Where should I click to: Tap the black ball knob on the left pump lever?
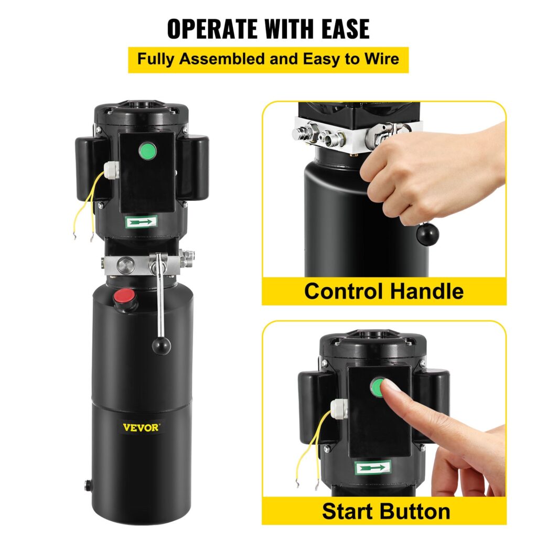(x=162, y=346)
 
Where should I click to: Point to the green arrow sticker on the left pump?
(x=141, y=222)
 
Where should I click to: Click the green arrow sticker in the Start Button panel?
(x=373, y=466)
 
